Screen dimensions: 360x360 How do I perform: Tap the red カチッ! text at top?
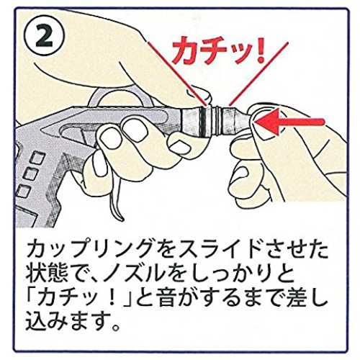(x=219, y=50)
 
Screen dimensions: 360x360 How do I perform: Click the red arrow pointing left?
(x=289, y=121)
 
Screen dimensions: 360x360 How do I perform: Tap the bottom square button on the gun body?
(x=23, y=192)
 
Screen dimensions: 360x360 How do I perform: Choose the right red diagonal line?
(x=258, y=74)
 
